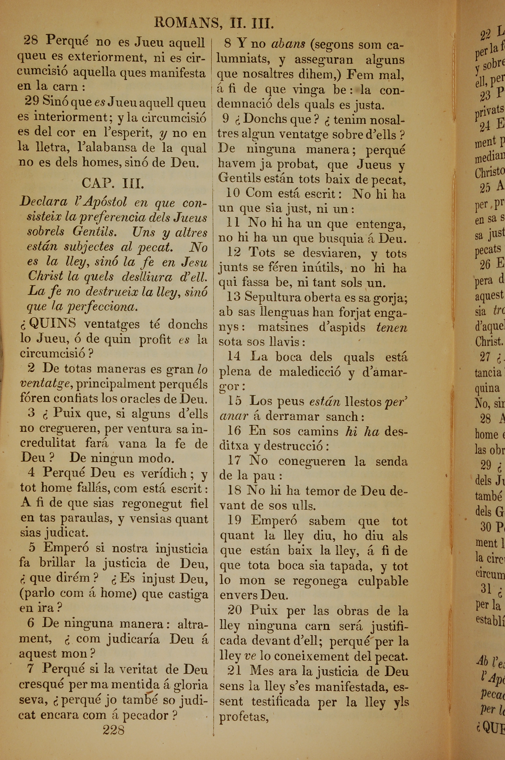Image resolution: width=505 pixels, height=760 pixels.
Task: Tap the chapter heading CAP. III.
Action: point(113,183)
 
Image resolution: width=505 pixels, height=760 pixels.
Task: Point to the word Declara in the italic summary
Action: point(43,202)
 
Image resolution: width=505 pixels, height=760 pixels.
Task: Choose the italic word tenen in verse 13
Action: point(392,328)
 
